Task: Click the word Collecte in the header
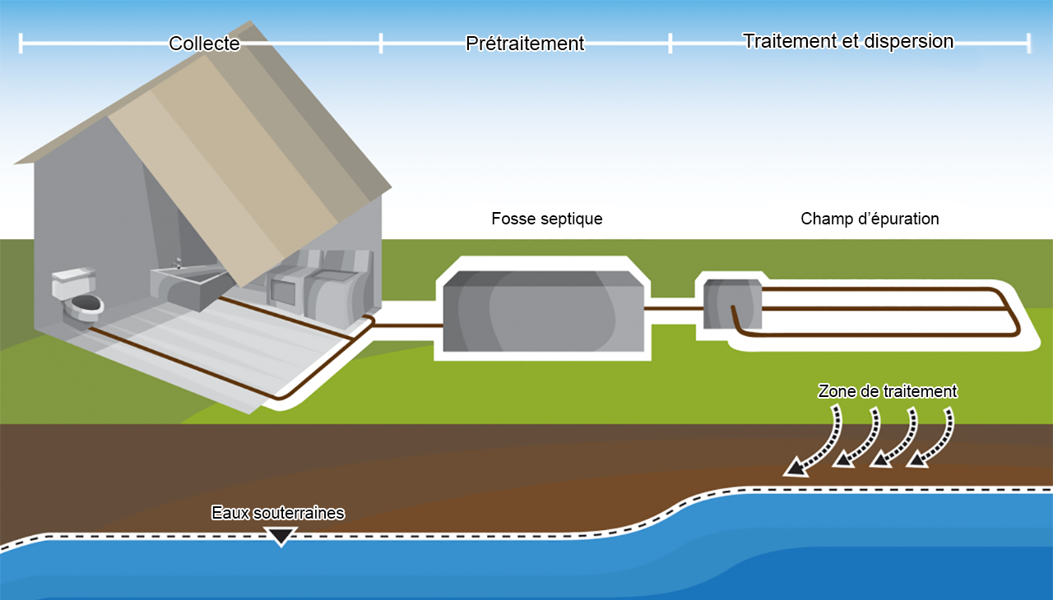(204, 44)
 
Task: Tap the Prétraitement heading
(525, 44)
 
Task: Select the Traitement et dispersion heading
(848, 41)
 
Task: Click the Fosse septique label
(547, 219)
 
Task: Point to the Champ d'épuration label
(870, 219)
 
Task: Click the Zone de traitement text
(888, 392)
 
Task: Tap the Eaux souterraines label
(277, 513)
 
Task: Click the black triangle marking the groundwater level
(281, 537)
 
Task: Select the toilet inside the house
(80, 296)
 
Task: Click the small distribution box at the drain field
(731, 302)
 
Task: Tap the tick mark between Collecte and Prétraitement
(381, 44)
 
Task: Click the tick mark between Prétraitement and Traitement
(670, 44)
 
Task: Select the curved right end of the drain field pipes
(1016, 311)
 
